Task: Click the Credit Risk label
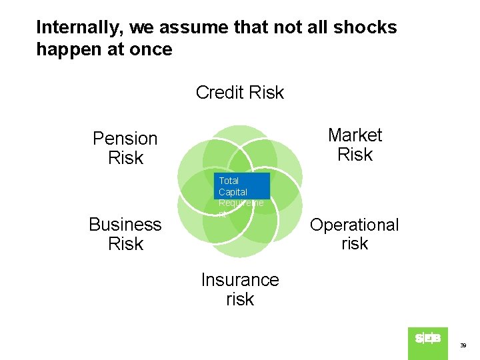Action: coord(239,93)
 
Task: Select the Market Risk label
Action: coord(355,145)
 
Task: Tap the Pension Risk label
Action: coord(125,148)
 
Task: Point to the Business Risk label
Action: coord(125,234)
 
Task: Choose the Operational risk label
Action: coord(354,234)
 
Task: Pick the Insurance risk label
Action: coord(240,289)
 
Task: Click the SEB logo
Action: coord(427,339)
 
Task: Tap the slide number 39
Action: coord(463,346)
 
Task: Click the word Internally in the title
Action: coord(79,27)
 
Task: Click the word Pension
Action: coord(125,139)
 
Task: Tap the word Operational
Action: coord(354,225)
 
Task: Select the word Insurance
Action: coord(240,280)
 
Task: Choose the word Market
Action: coord(355,135)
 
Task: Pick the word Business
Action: coord(125,225)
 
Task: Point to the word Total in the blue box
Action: coord(229,181)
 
